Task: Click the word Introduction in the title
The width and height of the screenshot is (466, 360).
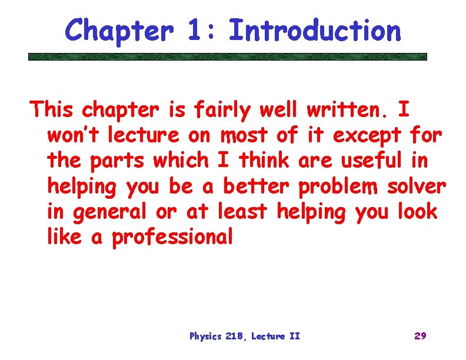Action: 315,30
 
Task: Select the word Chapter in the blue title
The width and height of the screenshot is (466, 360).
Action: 119,30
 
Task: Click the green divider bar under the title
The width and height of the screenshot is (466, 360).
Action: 228,57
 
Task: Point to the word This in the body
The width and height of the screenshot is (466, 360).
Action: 53,109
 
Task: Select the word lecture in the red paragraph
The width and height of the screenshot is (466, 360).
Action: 142,135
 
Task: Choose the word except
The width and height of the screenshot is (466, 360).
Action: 367,135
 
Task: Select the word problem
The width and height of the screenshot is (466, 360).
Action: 339,186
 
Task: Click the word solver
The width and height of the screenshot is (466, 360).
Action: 417,186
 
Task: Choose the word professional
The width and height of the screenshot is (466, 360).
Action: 172,237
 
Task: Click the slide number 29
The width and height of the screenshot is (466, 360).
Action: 420,336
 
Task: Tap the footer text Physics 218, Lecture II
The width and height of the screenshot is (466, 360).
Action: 244,336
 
